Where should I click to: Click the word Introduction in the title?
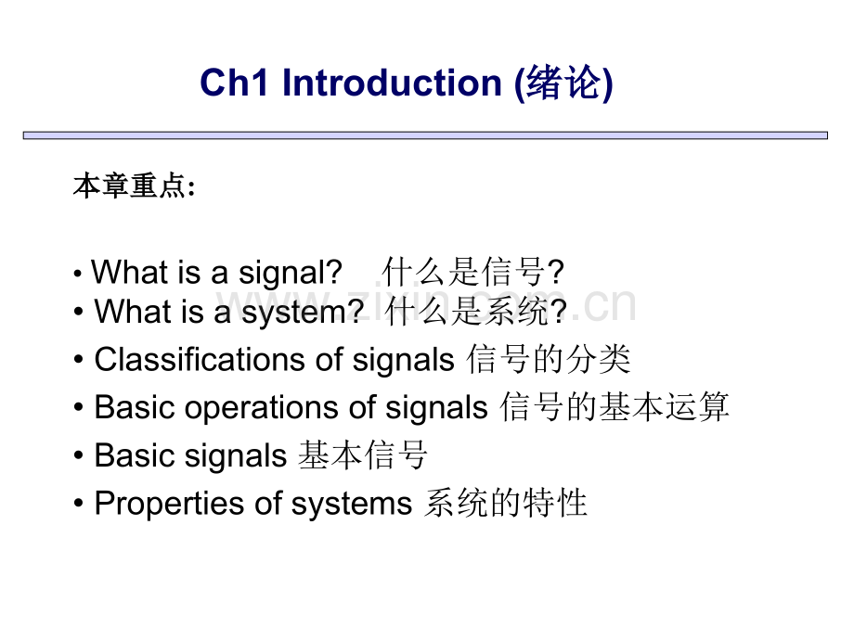click(392, 83)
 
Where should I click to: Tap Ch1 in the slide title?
click(235, 83)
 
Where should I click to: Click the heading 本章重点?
click(130, 186)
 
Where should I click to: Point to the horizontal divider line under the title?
click(425, 135)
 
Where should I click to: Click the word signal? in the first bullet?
click(291, 273)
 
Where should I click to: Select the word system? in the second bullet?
click(303, 313)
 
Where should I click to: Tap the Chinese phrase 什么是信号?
click(464, 272)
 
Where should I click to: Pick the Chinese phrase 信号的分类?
click(549, 359)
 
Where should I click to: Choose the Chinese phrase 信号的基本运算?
click(615, 406)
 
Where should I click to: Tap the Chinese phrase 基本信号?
click(363, 454)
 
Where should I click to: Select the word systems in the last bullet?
click(352, 504)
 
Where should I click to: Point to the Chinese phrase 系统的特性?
click(506, 503)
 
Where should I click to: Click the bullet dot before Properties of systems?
click(79, 503)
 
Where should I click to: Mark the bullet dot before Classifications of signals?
click(79, 360)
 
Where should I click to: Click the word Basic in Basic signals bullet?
click(136, 455)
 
